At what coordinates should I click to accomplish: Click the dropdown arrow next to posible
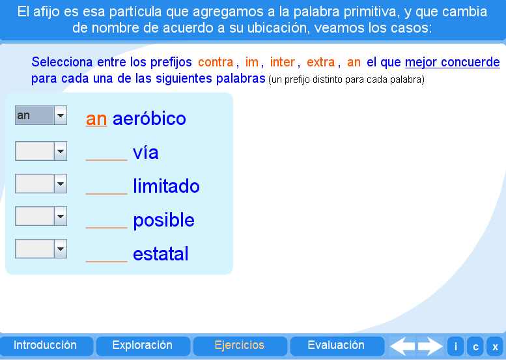[61, 216]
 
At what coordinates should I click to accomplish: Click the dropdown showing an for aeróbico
[41, 116]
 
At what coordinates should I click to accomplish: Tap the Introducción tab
[46, 346]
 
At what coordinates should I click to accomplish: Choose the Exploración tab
[143, 346]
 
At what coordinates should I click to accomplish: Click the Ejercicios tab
[240, 346]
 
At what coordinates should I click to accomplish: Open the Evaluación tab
[336, 346]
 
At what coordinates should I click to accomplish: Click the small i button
[455, 346]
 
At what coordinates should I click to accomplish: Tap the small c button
[475, 346]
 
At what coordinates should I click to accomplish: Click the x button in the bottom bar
[495, 346]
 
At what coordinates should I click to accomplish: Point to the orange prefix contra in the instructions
[216, 62]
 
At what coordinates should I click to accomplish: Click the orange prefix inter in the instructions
[283, 62]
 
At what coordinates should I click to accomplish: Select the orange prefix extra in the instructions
[320, 62]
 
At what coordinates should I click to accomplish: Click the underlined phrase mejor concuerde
[452, 62]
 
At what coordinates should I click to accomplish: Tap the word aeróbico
[149, 119]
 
